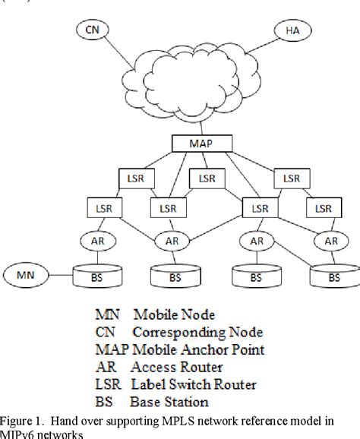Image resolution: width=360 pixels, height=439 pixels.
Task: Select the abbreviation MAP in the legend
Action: click(111, 349)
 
